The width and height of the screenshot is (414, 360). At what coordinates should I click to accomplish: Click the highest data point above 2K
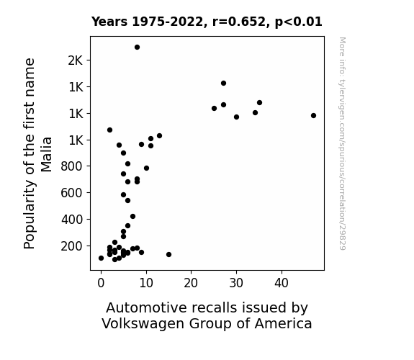pyautogui.click(x=137, y=48)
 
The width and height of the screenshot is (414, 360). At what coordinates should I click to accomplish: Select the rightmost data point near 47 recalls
pyautogui.click(x=313, y=115)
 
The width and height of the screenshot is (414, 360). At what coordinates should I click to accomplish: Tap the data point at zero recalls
pyautogui.click(x=101, y=258)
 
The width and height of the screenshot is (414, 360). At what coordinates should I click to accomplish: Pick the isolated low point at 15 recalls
pyautogui.click(x=168, y=254)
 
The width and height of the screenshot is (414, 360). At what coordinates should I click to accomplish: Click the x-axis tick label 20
pyautogui.click(x=191, y=283)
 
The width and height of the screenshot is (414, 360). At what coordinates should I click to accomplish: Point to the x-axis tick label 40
pyautogui.click(x=282, y=283)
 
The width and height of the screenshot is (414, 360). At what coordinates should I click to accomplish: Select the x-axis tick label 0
pyautogui.click(x=101, y=283)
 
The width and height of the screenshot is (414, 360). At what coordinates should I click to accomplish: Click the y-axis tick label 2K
pyautogui.click(x=76, y=60)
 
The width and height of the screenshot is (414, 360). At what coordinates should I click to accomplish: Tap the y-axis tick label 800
pyautogui.click(x=72, y=166)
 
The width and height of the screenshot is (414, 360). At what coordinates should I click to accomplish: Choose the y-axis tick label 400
pyautogui.click(x=72, y=219)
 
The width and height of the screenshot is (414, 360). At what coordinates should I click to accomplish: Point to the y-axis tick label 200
pyautogui.click(x=72, y=246)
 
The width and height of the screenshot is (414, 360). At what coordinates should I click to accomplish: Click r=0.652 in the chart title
pyautogui.click(x=240, y=22)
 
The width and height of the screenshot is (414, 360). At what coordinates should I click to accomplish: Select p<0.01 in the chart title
pyautogui.click(x=299, y=22)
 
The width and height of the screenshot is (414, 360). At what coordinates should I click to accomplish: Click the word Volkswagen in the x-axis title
pyautogui.click(x=143, y=324)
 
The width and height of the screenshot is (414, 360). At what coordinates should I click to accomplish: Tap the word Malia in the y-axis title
pyautogui.click(x=47, y=154)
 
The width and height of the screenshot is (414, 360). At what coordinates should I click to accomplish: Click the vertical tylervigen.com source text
pyautogui.click(x=343, y=143)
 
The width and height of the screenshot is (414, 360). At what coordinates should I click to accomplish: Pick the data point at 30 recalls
pyautogui.click(x=236, y=117)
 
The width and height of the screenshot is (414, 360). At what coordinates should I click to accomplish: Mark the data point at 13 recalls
pyautogui.click(x=159, y=136)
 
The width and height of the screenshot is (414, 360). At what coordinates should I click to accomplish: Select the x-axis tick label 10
pyautogui.click(x=146, y=283)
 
